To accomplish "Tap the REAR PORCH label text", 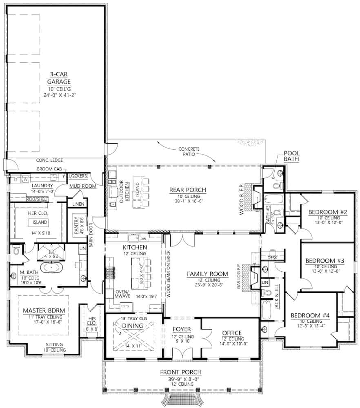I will pos(188,190).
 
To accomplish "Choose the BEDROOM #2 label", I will pos(327,212).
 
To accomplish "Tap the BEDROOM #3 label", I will pos(327,259).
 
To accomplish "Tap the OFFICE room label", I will pos(231,333).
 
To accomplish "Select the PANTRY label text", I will pos(76,225).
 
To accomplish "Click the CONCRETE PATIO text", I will pos(189,152).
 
